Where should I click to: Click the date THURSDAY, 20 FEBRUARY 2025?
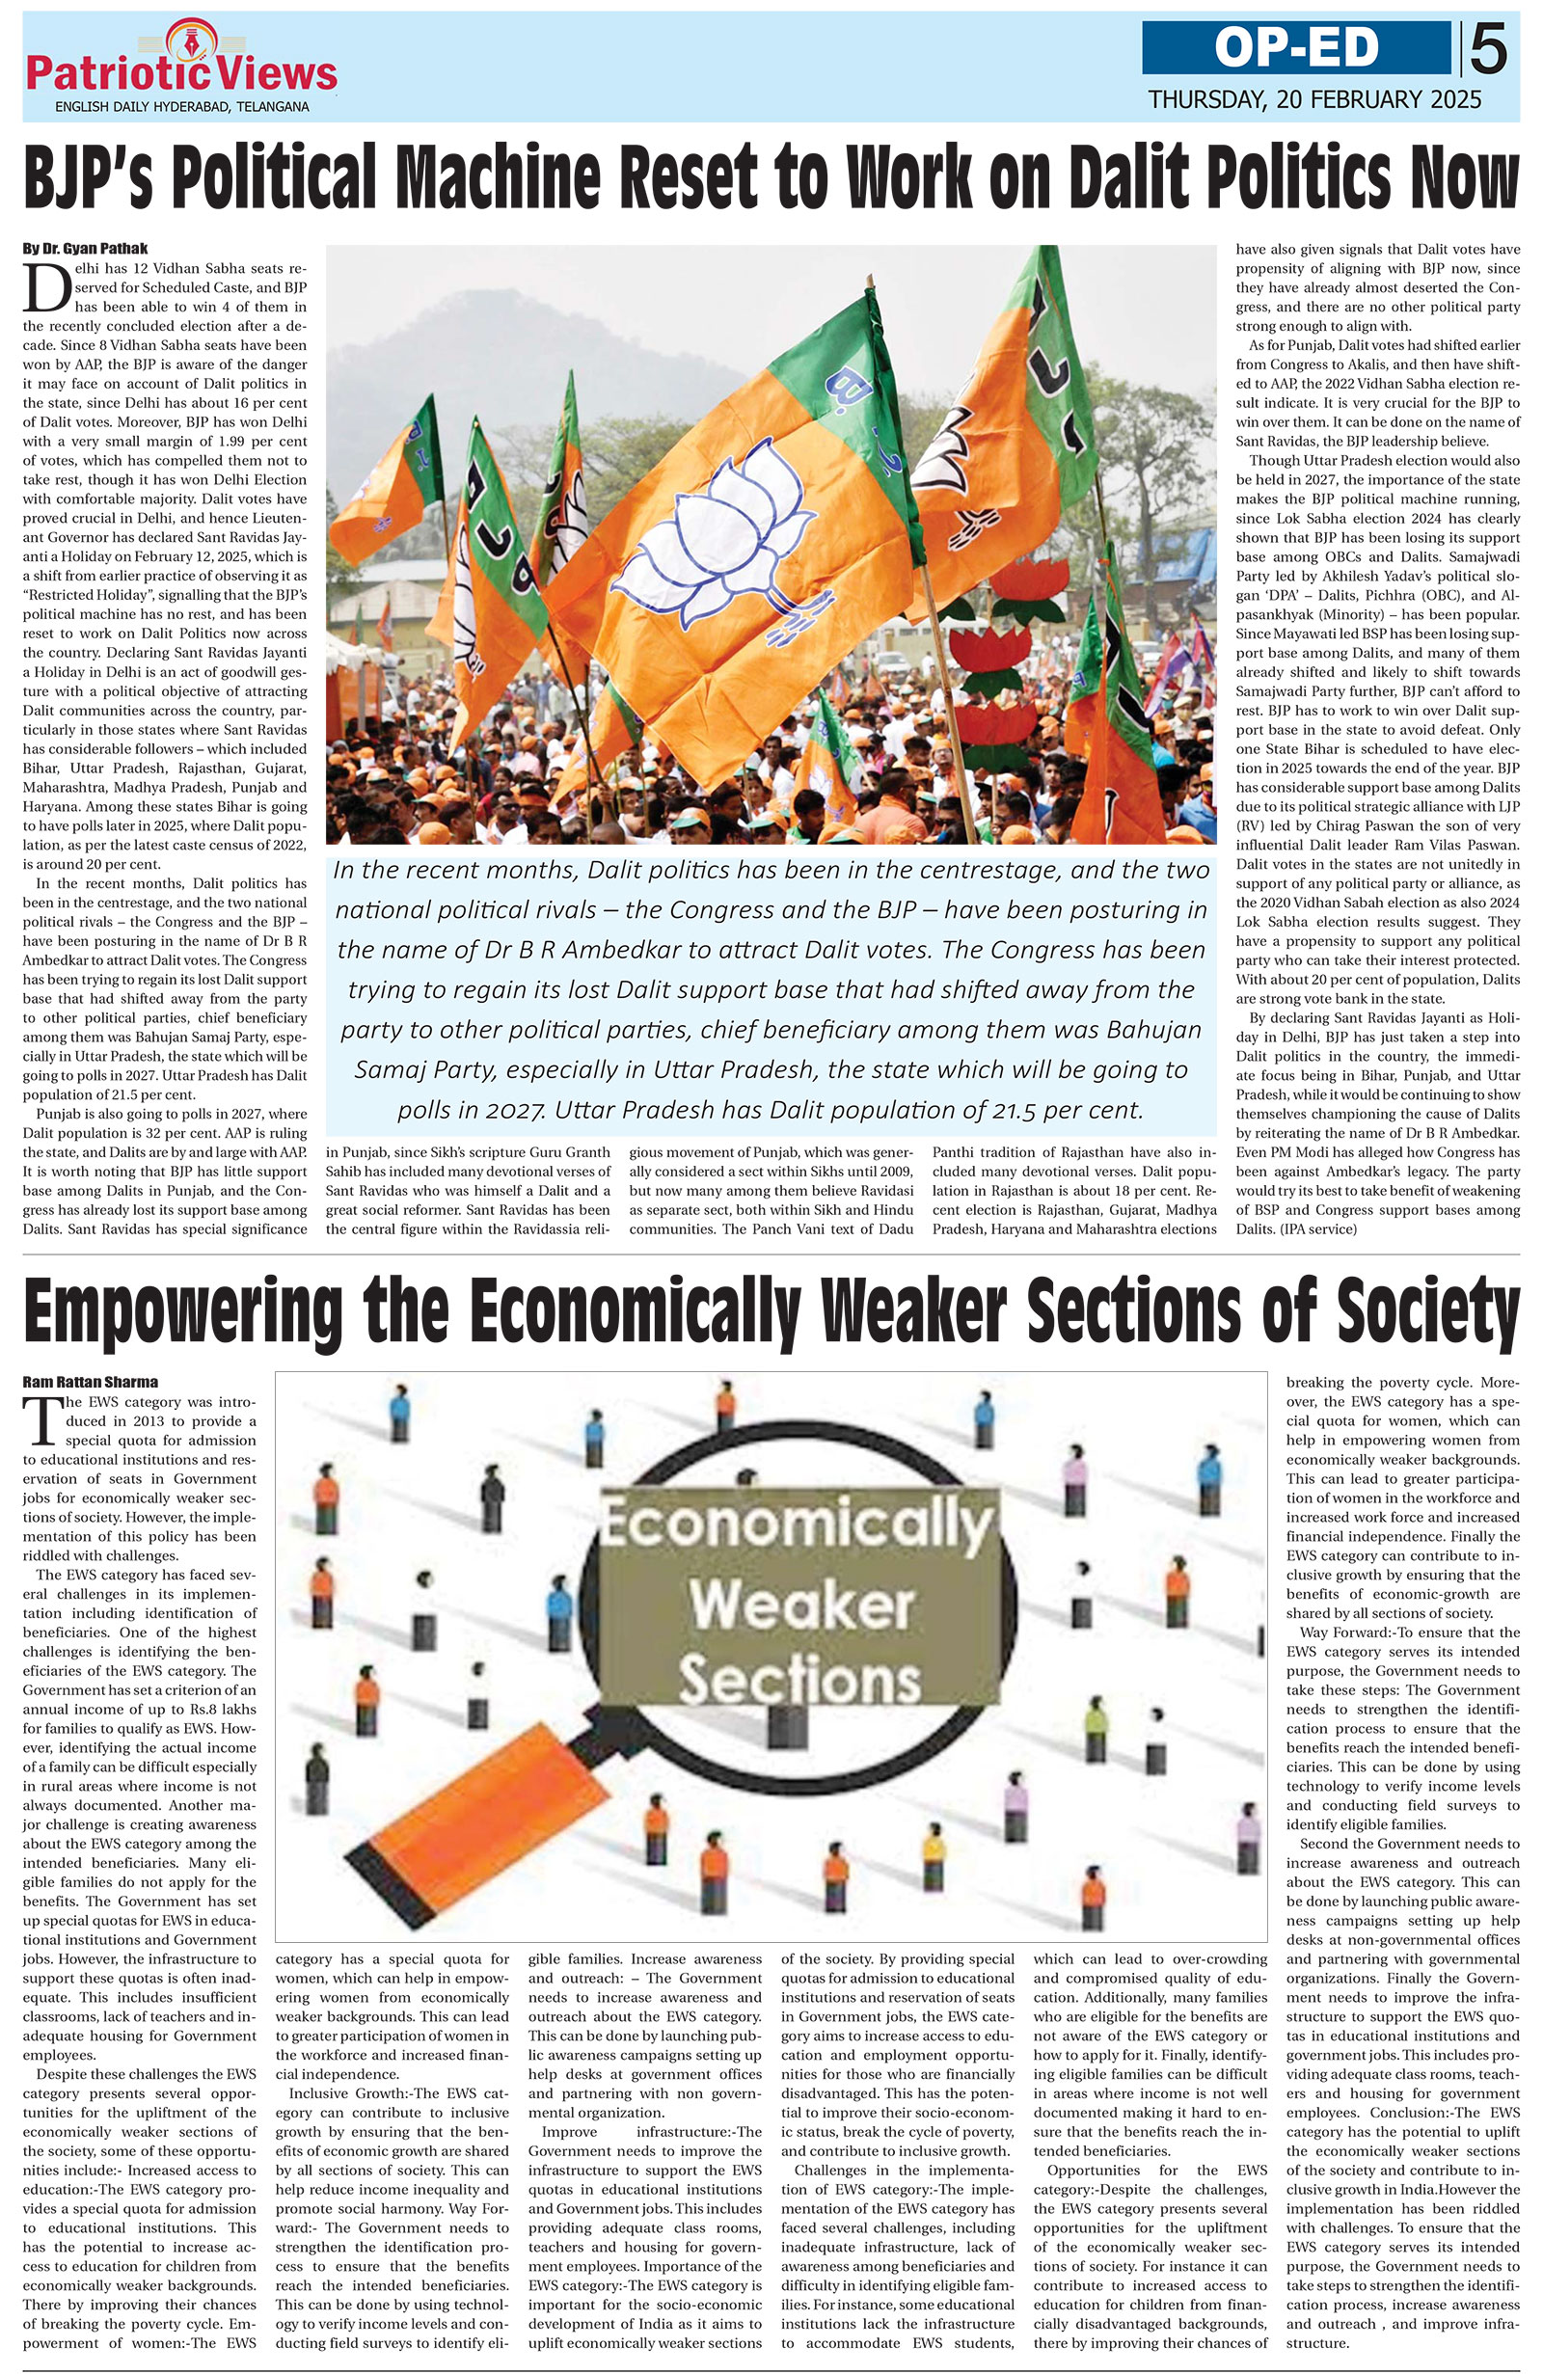(1313, 99)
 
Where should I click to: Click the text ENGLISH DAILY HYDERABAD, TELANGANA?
(181, 107)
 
